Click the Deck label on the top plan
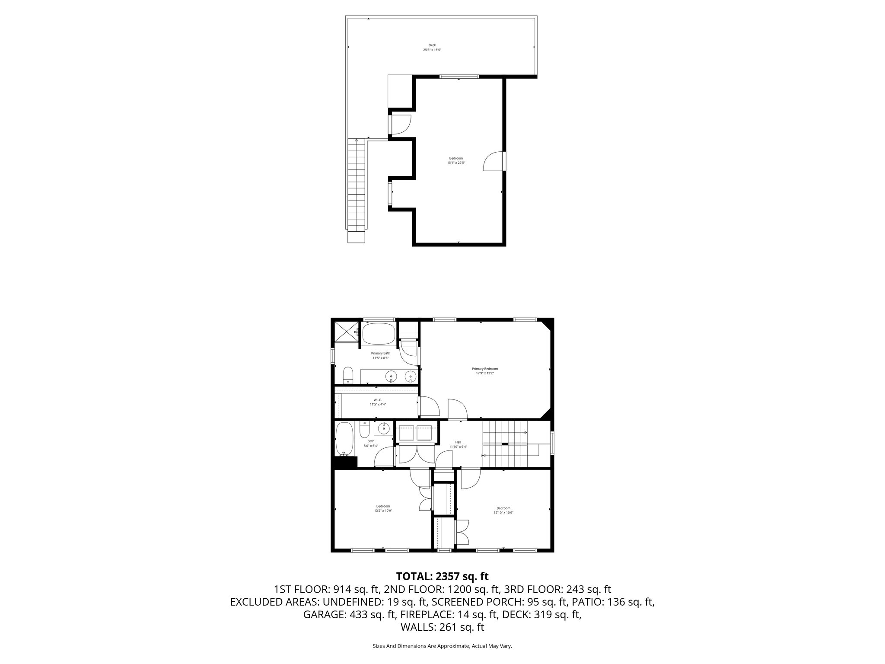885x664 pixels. [x=432, y=45]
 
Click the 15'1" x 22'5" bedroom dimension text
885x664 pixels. [x=456, y=163]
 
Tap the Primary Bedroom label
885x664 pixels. [x=484, y=369]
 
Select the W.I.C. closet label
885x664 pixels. [x=377, y=400]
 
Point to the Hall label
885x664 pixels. [x=458, y=442]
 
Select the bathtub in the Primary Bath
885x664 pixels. [x=378, y=334]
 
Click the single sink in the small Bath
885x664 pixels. [x=383, y=429]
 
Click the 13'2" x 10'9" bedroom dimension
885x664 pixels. [x=383, y=511]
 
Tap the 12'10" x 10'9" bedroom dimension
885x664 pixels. [x=503, y=513]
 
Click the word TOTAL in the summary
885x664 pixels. [x=413, y=576]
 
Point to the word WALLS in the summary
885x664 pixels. [x=418, y=627]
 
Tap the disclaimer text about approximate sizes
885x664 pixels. [x=442, y=646]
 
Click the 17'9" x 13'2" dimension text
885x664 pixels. [x=484, y=373]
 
